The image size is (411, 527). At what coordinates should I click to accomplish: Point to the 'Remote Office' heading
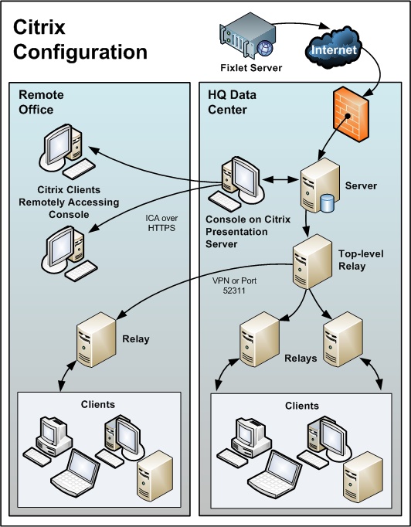click(41, 102)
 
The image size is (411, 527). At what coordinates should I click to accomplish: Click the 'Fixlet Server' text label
click(250, 69)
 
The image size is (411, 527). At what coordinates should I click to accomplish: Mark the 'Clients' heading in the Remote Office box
click(97, 404)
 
